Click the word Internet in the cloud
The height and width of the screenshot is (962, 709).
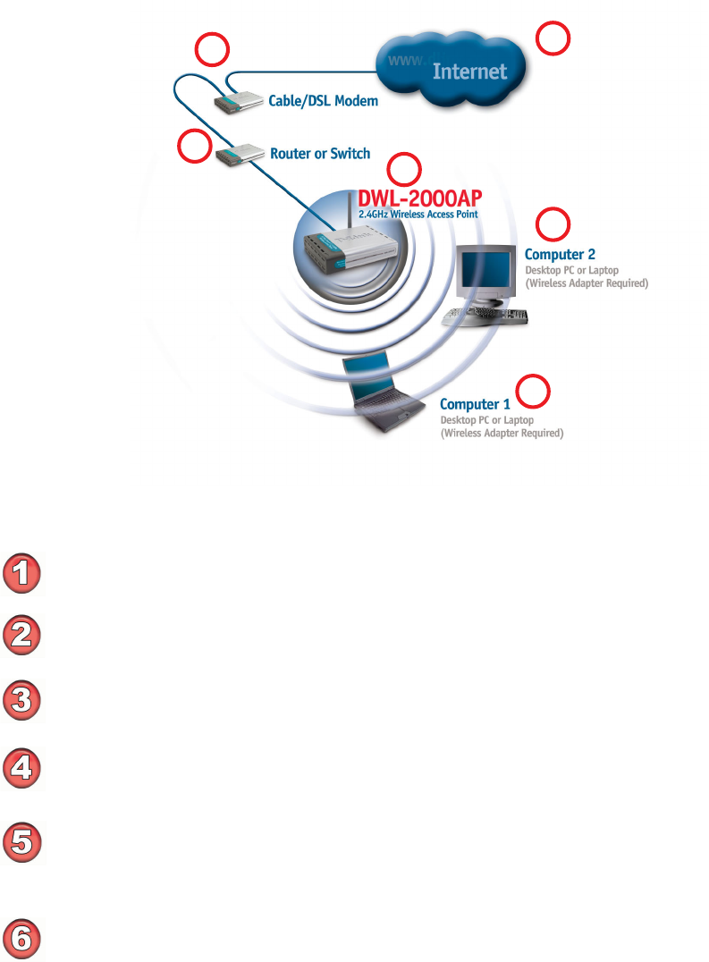point(469,72)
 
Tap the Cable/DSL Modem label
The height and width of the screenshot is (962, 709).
point(323,101)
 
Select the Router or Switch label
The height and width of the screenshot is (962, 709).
point(320,154)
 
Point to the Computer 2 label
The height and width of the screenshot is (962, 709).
point(560,254)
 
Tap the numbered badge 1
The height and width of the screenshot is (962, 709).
point(23,574)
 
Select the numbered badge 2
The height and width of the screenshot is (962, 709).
point(23,634)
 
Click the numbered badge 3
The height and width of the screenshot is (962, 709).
point(23,698)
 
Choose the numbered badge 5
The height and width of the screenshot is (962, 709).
point(23,843)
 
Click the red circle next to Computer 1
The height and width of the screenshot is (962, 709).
point(535,391)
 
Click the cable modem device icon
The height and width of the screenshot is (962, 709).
point(234,101)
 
